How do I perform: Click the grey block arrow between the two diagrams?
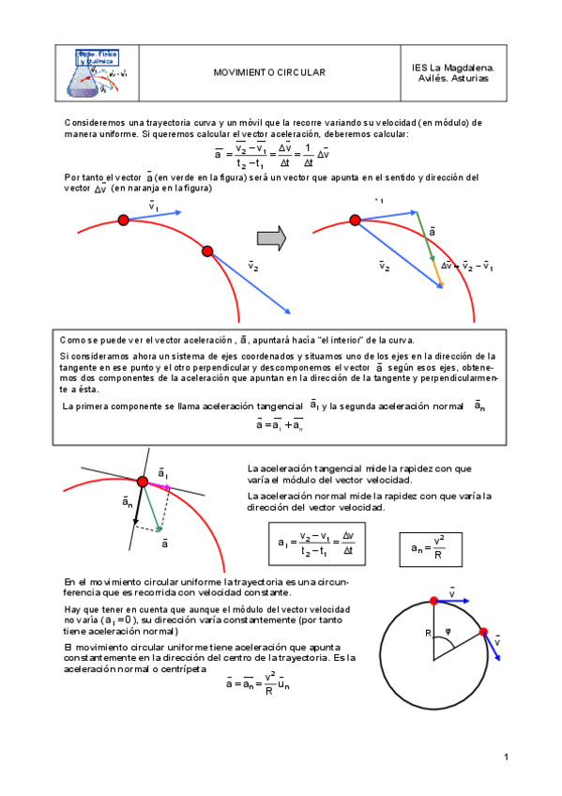[271, 239]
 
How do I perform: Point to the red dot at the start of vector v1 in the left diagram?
[123, 221]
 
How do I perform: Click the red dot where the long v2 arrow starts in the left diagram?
[207, 251]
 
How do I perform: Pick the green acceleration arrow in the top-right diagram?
[429, 246]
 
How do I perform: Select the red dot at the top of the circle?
[433, 601]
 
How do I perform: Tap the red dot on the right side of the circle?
[484, 633]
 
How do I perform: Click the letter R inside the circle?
[427, 634]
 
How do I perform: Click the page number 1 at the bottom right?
[505, 757]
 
